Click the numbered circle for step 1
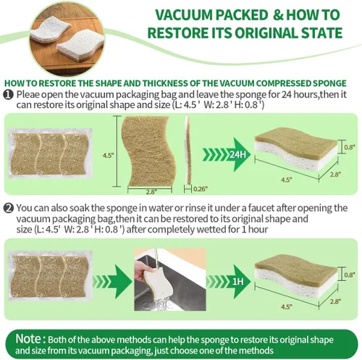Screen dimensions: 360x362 coord(7,94)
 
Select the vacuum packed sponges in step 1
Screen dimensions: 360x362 coord(52,153)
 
